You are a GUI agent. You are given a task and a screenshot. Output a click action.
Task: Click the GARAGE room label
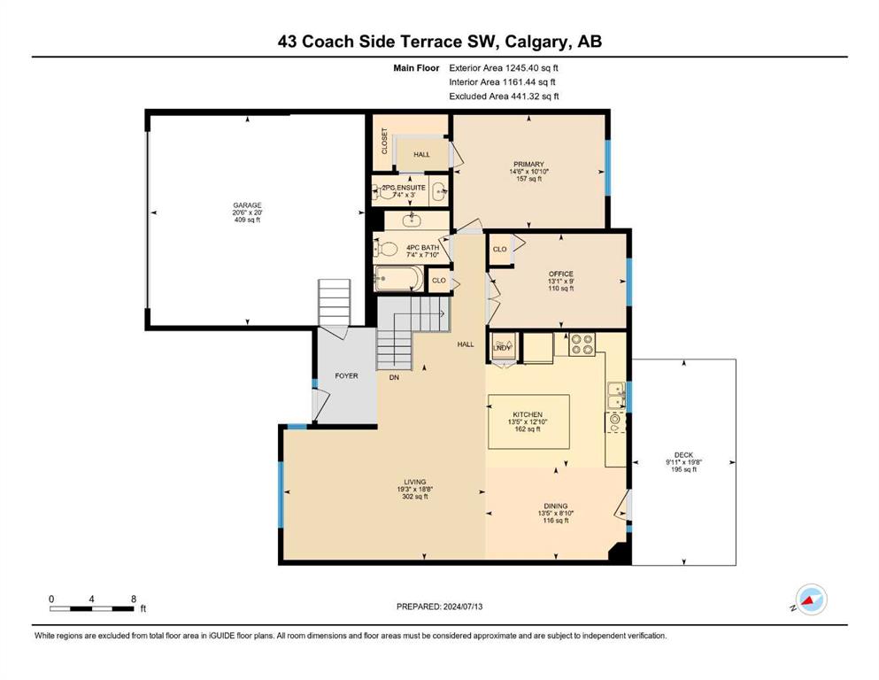(247, 205)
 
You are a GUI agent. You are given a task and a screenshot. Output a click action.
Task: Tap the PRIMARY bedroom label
(528, 165)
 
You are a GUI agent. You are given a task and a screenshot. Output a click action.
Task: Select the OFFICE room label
(560, 274)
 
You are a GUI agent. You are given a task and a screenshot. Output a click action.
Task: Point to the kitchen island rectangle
(528, 421)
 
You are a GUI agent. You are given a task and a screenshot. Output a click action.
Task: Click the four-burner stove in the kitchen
(582, 344)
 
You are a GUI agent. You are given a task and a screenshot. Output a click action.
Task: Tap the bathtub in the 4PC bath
(398, 279)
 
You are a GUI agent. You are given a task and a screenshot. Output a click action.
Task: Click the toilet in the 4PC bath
(386, 248)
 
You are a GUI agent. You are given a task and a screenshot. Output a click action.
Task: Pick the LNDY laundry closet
(502, 349)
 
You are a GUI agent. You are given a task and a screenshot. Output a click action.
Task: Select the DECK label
(683, 455)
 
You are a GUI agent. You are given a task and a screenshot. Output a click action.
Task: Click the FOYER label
(346, 375)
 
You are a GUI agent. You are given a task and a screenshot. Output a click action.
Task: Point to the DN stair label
(394, 378)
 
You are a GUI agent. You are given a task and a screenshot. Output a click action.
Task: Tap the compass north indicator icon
(811, 599)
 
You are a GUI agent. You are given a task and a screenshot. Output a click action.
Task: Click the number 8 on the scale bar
(134, 599)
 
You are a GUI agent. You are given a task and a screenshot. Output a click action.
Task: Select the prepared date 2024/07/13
(462, 607)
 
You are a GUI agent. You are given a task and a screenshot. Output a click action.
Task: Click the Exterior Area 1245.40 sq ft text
(504, 68)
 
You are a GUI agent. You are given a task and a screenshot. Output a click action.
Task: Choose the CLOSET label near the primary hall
(384, 141)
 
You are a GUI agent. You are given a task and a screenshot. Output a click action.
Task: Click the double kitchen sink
(617, 395)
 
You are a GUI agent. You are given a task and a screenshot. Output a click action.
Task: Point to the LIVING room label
(415, 482)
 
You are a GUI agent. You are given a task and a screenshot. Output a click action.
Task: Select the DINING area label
(556, 506)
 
